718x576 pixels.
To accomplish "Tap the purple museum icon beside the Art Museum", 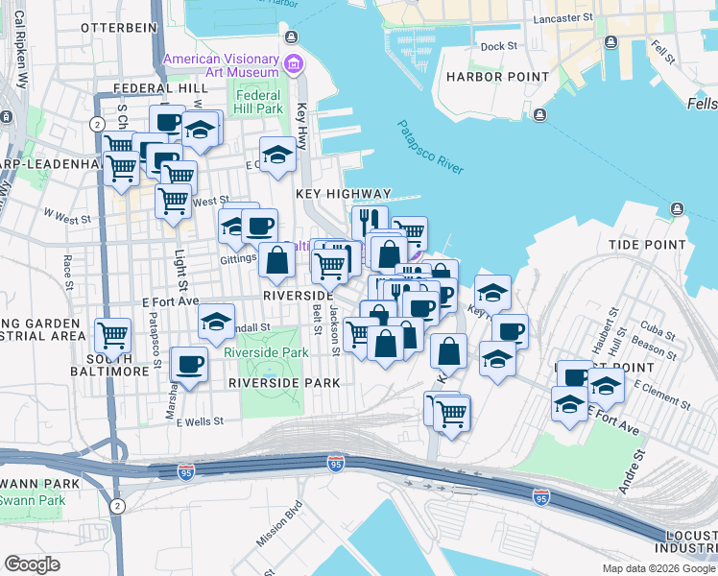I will [294, 65].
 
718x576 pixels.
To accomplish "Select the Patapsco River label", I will [431, 147].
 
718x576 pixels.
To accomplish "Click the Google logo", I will [32, 564].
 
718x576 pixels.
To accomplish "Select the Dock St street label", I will [498, 45].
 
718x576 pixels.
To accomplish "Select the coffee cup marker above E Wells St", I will [189, 364].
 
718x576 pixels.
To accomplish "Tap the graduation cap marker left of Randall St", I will [217, 321].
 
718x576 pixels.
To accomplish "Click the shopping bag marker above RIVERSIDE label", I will [276, 259].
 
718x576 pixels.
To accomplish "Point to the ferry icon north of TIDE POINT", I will [678, 208].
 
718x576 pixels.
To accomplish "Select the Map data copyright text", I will [658, 568].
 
